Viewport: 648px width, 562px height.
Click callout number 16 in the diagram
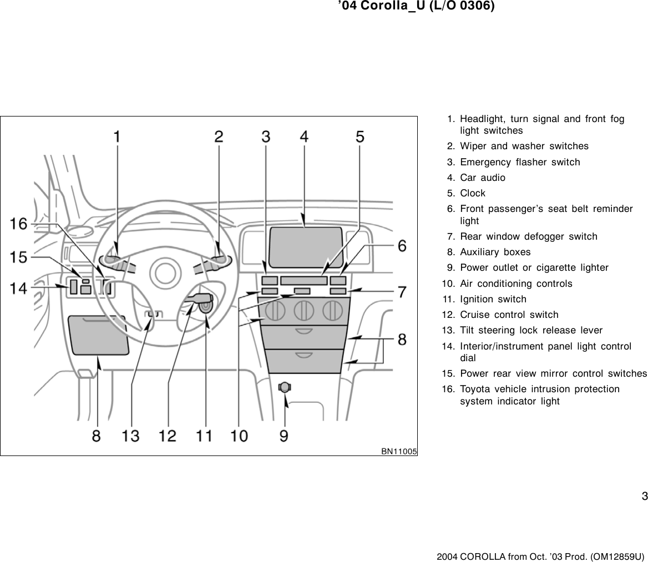(18, 224)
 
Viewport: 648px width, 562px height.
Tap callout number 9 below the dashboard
(283, 436)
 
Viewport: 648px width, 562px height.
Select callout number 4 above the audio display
(305, 136)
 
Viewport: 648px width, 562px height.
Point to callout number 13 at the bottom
(131, 436)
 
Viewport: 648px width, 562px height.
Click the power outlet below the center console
(285, 387)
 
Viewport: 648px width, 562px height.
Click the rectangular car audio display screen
(306, 246)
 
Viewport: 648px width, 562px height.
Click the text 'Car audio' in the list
(483, 178)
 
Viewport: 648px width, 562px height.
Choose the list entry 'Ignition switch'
(493, 299)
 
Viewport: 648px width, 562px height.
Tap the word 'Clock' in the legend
(473, 193)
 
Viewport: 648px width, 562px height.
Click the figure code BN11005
(398, 451)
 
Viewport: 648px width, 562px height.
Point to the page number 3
(644, 496)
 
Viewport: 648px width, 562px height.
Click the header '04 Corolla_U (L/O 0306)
(416, 7)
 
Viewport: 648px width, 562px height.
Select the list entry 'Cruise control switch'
(509, 315)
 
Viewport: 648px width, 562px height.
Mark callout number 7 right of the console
(401, 291)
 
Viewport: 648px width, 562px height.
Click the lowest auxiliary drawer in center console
(303, 361)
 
